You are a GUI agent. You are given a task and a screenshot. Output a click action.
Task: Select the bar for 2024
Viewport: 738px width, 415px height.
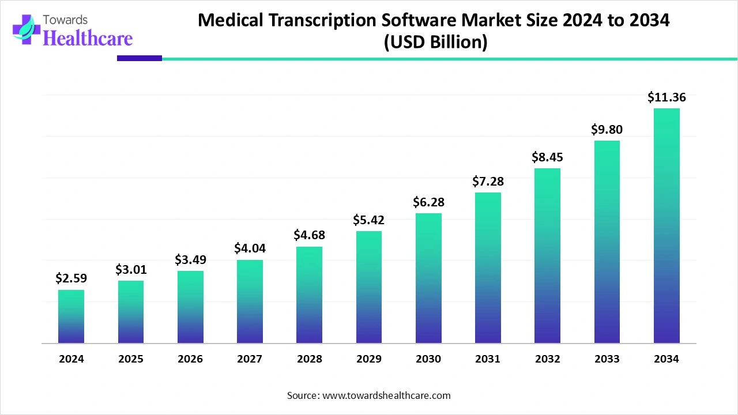(71, 316)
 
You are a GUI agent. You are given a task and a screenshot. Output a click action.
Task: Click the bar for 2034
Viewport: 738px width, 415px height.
(667, 226)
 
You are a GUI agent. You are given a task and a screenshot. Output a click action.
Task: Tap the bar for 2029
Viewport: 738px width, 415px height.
(369, 287)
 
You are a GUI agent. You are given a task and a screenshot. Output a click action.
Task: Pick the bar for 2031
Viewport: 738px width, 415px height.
(488, 268)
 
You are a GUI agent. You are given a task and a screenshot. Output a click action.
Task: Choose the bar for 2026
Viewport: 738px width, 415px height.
(190, 307)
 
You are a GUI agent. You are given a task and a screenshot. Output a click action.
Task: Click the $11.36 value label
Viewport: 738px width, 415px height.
(667, 97)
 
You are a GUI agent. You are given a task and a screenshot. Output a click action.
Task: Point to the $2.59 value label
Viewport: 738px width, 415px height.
(71, 278)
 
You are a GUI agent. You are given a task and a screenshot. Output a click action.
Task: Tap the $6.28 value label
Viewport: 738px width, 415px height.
(428, 202)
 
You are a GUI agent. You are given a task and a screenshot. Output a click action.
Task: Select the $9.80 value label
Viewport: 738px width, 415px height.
(607, 130)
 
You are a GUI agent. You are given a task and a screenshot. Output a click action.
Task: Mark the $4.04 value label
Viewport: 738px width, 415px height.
(250, 248)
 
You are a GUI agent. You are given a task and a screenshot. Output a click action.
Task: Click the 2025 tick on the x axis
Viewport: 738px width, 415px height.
(131, 359)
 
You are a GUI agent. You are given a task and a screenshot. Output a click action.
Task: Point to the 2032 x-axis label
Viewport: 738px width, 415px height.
(547, 359)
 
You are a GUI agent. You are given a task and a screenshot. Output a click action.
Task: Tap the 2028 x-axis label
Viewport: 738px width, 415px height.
(310, 359)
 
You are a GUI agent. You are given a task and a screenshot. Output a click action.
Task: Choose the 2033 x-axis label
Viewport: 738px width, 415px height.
(607, 359)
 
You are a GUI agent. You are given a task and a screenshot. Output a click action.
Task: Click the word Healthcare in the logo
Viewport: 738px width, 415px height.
(88, 37)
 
